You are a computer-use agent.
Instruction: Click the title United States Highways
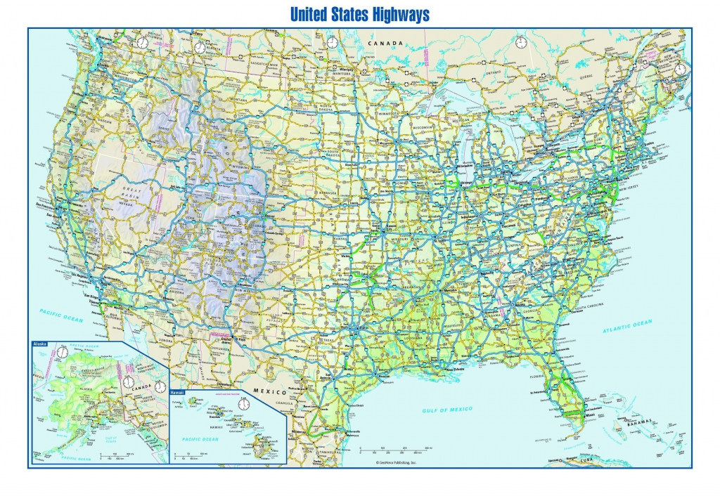tap(359, 14)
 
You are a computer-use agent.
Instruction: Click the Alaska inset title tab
tap(40, 344)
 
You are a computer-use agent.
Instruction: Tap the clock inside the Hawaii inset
tap(244, 404)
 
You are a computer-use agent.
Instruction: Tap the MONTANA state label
tap(241, 100)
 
